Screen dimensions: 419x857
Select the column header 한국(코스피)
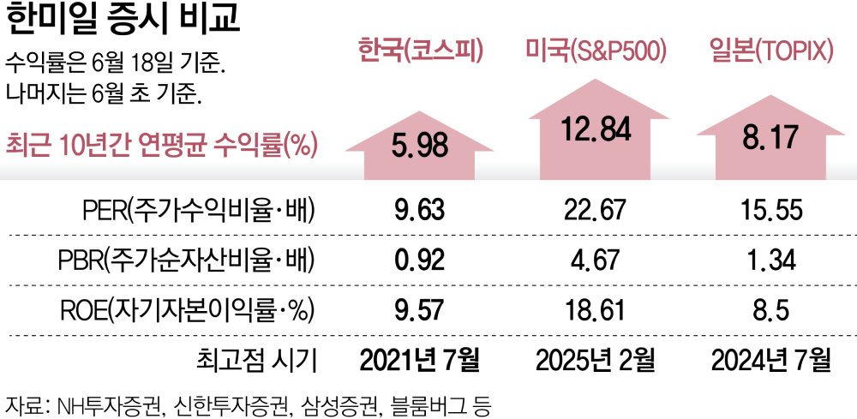point(421,52)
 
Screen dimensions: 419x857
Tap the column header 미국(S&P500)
point(596,52)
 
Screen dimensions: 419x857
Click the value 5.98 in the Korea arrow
point(420,145)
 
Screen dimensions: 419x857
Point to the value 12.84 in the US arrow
point(597,129)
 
